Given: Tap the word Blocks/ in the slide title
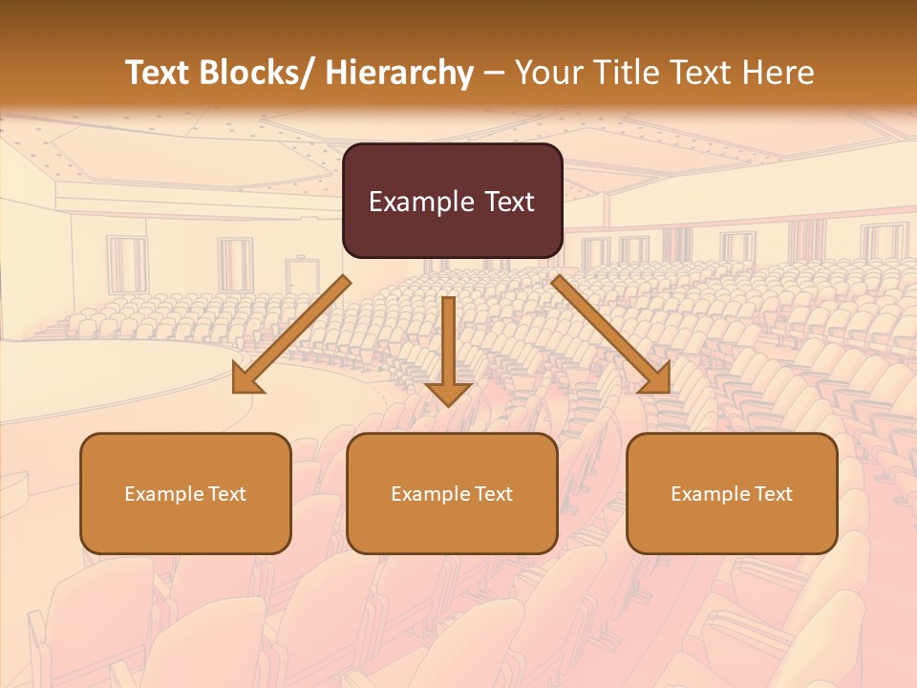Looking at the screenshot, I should pyautogui.click(x=257, y=74).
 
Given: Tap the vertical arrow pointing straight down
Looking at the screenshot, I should pyautogui.click(x=448, y=344).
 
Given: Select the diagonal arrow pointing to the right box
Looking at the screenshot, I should pyautogui.click(x=607, y=331).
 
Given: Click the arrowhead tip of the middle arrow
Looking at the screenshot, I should pyautogui.click(x=448, y=402).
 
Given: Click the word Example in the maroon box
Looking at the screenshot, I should pyautogui.click(x=417, y=202).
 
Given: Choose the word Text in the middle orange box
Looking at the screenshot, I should pyautogui.click(x=494, y=494).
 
